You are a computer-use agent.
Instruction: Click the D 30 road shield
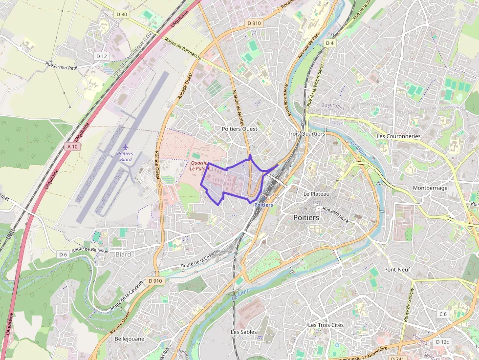122,14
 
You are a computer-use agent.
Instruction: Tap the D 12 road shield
102,56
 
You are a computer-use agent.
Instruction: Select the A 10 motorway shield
72,146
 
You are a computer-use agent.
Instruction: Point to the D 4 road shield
330,43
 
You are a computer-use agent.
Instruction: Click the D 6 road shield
63,254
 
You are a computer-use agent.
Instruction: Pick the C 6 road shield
443,314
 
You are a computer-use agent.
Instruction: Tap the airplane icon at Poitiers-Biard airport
126,147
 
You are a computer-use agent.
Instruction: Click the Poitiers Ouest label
239,128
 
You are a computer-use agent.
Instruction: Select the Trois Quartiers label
306,133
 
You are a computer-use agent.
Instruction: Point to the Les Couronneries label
398,136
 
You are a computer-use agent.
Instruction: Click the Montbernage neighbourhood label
430,188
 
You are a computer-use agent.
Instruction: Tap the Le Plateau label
317,194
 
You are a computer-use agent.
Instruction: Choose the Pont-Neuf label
397,270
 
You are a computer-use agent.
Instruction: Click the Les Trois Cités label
326,325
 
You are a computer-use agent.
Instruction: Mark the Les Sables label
244,332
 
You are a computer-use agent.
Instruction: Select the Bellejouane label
129,338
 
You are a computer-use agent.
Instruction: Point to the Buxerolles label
333,106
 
